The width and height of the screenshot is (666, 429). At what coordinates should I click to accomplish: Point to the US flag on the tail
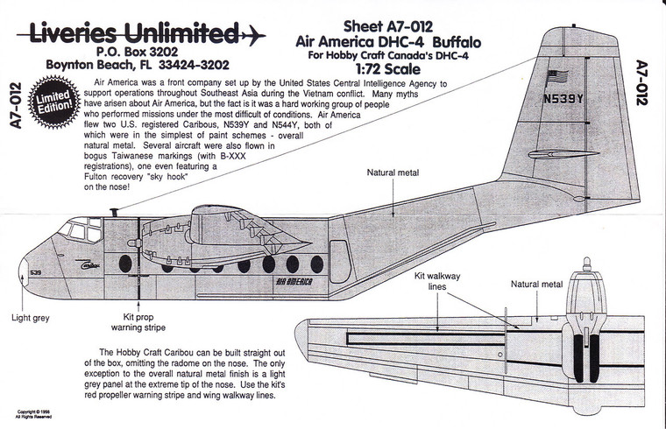[559, 76]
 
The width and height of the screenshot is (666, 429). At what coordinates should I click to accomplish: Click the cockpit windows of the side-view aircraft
[76, 232]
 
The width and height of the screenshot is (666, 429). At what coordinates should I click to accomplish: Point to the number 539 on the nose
[34, 273]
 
